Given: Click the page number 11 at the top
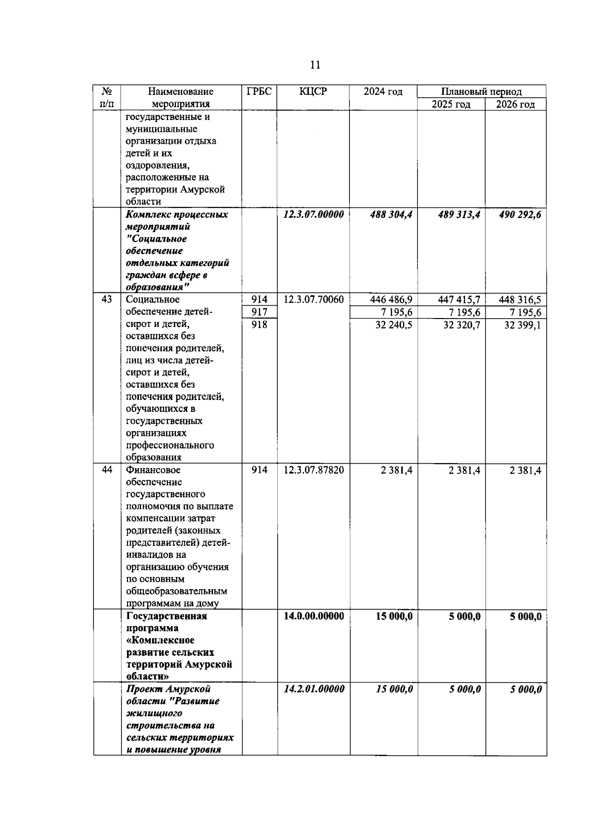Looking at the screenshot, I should (x=315, y=65).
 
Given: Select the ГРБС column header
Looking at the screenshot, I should (x=259, y=91).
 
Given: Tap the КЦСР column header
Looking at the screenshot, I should (x=313, y=91).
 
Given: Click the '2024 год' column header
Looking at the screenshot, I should (x=383, y=91).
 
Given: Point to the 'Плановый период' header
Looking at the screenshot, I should (x=481, y=91).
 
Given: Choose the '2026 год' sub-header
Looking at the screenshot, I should (x=515, y=104).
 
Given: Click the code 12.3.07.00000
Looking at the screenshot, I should (x=314, y=215).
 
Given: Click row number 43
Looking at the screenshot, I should (x=107, y=299).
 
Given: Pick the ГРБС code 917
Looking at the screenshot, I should (x=259, y=312).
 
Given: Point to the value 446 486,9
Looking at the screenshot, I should (x=391, y=300).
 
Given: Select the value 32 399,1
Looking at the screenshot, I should (x=522, y=325).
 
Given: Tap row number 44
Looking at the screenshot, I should (x=107, y=470).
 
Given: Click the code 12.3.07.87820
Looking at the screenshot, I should (x=314, y=470).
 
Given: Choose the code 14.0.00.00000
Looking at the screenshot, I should (x=314, y=616).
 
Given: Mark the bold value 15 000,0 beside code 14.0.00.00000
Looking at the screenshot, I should (x=394, y=616).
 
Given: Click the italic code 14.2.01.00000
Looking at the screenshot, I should (x=314, y=689).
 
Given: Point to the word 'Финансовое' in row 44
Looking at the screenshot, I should (x=153, y=470).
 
